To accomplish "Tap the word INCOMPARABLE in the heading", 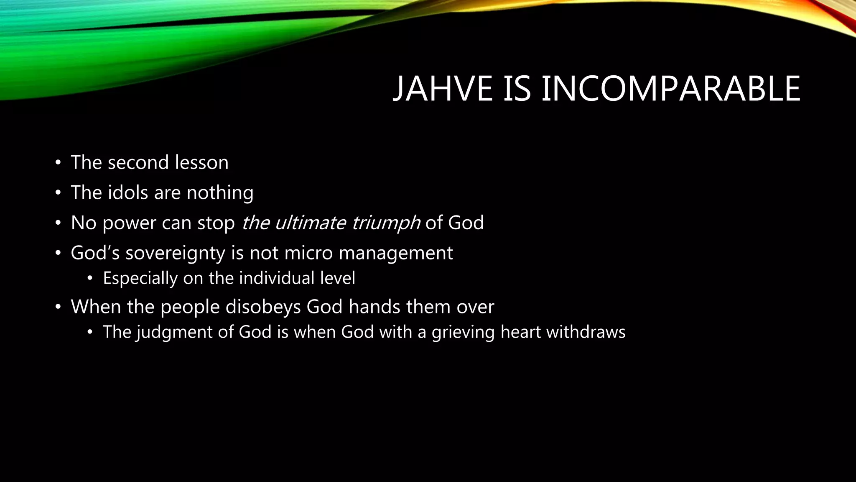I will [670, 89].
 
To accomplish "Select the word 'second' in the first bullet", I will [138, 162].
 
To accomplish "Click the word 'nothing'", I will [220, 193].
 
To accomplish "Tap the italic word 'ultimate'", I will [310, 223].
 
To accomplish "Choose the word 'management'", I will [395, 254].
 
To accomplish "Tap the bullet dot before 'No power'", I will [58, 223].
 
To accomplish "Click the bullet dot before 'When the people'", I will [58, 307].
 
